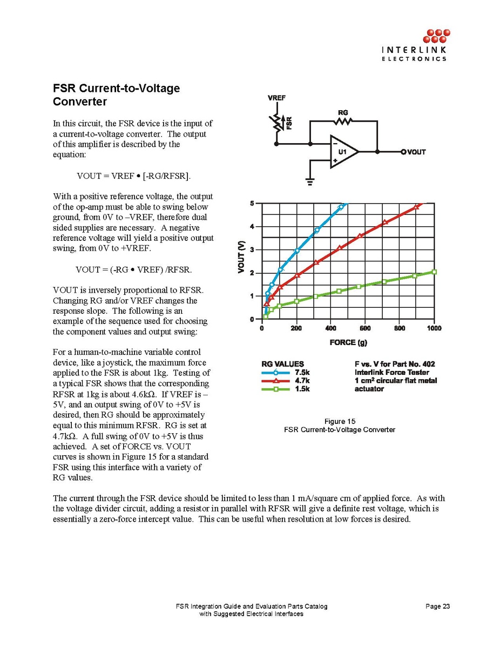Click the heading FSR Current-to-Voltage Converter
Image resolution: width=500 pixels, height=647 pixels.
click(x=116, y=95)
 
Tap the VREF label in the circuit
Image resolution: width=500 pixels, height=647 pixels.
click(x=276, y=98)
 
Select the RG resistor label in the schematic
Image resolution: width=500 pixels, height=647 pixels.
click(x=343, y=113)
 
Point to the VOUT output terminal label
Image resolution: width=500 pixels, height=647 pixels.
click(x=416, y=152)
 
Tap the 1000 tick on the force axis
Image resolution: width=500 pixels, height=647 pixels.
click(x=434, y=328)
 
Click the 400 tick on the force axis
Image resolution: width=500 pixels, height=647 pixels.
click(x=331, y=328)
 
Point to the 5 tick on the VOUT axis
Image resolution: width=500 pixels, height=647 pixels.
click(x=252, y=203)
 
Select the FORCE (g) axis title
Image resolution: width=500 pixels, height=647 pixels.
click(x=349, y=342)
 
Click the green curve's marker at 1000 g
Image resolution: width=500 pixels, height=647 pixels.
click(x=434, y=272)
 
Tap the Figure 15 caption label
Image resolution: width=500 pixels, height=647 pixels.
click(x=339, y=421)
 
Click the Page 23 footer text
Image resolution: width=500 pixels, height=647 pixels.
click(x=437, y=606)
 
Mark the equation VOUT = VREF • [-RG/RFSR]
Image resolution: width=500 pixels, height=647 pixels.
click(x=134, y=176)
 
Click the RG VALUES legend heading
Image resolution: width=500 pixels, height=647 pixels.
click(x=282, y=364)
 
